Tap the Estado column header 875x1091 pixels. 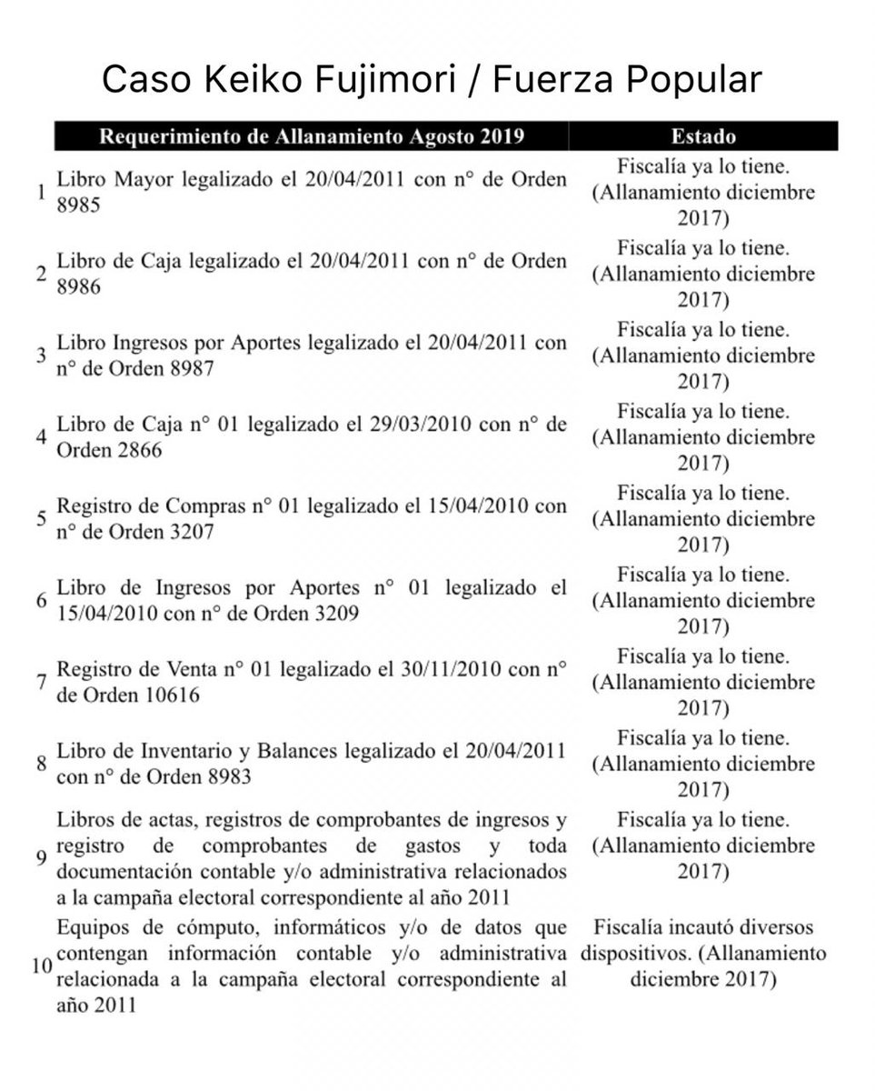pos(703,136)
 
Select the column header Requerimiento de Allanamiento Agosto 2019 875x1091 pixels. pos(311,136)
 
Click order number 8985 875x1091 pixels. pos(78,205)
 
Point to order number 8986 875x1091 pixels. pos(78,286)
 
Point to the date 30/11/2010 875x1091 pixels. pos(449,671)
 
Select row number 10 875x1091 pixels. pos(40,966)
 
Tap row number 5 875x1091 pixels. pos(41,519)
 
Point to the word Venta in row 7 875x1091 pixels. pos(185,671)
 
